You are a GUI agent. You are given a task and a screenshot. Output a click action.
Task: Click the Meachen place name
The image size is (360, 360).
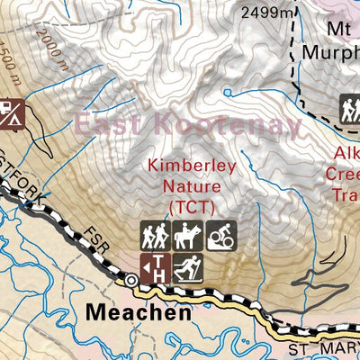pos(139,312)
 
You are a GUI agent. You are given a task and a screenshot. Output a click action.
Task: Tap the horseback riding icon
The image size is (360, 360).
pos(187,236)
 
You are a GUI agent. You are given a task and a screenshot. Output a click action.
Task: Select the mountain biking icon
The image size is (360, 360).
pos(220,236)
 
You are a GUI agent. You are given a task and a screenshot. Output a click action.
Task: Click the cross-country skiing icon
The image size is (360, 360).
pos(187,267)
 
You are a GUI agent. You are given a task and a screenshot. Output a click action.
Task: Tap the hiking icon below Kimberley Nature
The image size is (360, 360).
pos(154,236)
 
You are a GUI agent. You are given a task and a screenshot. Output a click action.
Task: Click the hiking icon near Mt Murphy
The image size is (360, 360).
pos(350,110)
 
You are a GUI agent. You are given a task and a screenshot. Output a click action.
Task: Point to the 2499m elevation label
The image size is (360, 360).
pos(270,12)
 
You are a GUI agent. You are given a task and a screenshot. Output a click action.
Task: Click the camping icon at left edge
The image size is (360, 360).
pos(10,112)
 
